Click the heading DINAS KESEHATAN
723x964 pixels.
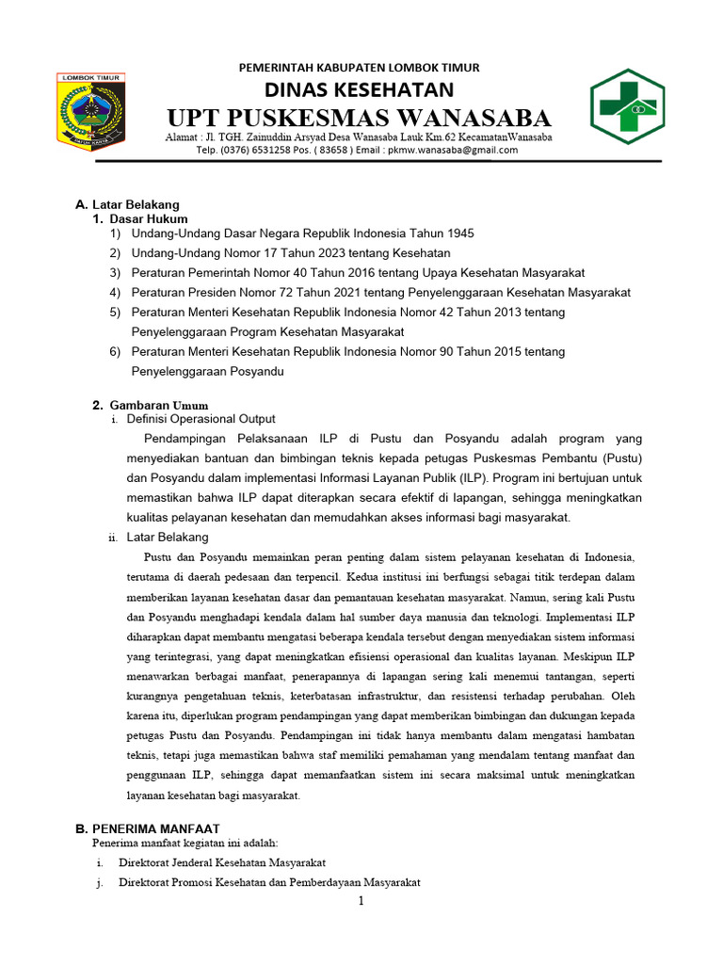(359, 89)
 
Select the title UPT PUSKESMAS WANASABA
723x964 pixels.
(359, 119)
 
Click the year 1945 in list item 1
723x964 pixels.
(460, 233)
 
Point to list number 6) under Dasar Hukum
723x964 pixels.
(115, 351)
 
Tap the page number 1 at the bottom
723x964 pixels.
(360, 902)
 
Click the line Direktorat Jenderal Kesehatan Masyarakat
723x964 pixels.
(222, 862)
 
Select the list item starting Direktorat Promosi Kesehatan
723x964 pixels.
(269, 882)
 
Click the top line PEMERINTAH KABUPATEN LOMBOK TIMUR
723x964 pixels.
(359, 68)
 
